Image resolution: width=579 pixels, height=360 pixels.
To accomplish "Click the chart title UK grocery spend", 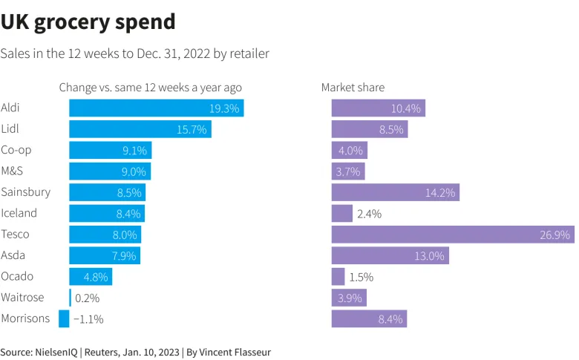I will [x=88, y=22].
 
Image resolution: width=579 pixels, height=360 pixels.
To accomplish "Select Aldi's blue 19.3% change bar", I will [x=156, y=108].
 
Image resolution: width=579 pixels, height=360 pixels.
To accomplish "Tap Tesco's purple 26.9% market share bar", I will [x=452, y=235].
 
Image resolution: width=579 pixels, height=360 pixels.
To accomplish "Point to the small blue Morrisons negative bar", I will [x=64, y=319].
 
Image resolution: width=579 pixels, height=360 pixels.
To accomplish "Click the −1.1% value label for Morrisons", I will [x=88, y=319].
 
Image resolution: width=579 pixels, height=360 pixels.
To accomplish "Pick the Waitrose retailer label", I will [x=22, y=298].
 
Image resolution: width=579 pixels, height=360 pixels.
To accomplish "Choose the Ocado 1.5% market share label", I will [x=361, y=277].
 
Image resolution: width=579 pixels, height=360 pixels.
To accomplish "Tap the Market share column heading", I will [x=353, y=88].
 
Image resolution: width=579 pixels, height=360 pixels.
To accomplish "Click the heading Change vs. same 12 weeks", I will [x=150, y=88].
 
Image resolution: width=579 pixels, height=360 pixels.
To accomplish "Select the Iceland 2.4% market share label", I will [x=369, y=214].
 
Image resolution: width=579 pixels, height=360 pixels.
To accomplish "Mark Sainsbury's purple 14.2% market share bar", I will [x=395, y=192].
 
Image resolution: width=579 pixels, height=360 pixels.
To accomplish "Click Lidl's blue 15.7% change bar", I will [x=140, y=129].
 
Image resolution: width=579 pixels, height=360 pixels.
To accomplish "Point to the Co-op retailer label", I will [x=16, y=150].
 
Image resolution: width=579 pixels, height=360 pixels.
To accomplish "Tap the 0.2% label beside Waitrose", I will [x=88, y=298].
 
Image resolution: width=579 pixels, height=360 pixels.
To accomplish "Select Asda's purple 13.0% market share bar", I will [x=390, y=256].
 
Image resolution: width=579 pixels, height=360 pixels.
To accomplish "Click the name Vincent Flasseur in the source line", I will [x=235, y=353].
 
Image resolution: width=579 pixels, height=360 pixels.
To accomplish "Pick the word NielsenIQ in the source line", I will [x=59, y=353].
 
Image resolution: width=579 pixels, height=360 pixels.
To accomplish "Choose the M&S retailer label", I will [x=13, y=171].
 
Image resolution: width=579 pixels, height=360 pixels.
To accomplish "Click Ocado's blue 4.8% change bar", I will [x=90, y=277].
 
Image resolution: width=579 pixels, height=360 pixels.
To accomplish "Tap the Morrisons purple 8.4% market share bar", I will [x=368, y=319].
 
